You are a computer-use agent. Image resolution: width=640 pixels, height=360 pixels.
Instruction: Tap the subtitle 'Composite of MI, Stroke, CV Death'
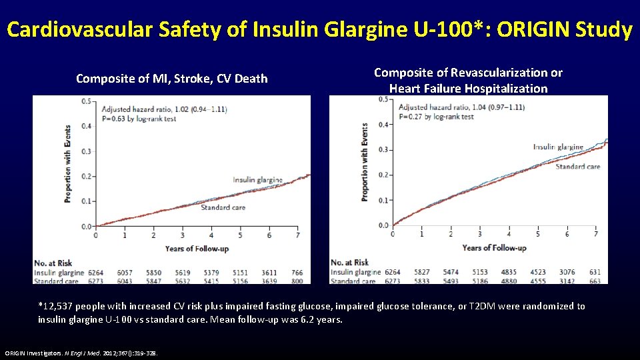[172, 79]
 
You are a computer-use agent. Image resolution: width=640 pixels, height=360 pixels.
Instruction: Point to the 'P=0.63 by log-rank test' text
[144, 117]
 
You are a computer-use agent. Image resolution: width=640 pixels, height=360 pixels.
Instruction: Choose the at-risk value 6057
[125, 273]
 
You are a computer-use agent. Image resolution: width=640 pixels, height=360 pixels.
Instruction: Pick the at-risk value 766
[297, 273]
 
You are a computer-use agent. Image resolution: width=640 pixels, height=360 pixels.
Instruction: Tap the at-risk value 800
[297, 281]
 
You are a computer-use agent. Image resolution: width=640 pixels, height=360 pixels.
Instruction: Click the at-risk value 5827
[422, 272]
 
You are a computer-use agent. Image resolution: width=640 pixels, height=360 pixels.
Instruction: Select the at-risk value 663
[595, 281]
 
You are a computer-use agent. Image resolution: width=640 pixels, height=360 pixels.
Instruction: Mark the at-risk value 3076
[567, 272]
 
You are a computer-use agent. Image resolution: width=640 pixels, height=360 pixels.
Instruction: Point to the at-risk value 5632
[182, 281]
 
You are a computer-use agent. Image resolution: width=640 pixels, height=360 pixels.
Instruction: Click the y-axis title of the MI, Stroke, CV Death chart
[67, 163]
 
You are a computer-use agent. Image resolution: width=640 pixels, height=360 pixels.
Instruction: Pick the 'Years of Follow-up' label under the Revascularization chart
[494, 248]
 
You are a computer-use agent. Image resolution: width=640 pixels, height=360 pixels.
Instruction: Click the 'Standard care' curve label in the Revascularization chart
[577, 167]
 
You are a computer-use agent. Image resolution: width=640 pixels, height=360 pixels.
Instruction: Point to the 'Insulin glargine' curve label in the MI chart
[257, 179]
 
